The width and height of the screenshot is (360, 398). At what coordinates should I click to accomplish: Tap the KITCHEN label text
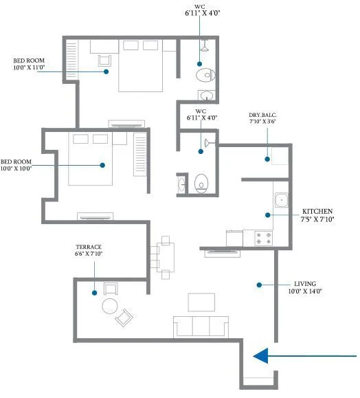pyautogui.click(x=317, y=211)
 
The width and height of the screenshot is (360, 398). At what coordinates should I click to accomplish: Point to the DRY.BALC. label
pyautogui.click(x=264, y=115)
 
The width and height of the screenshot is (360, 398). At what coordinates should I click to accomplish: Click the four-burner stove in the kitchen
pyautogui.click(x=263, y=239)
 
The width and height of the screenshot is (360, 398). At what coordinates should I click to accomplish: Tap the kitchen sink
pyautogui.click(x=281, y=201)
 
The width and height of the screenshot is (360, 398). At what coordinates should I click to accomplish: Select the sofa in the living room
pyautogui.click(x=201, y=326)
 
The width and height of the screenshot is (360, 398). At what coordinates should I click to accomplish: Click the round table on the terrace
pyautogui.click(x=110, y=306)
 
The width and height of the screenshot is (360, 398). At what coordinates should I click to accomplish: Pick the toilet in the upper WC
pyautogui.click(x=204, y=74)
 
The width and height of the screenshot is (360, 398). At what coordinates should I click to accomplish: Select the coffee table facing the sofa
pyautogui.click(x=201, y=302)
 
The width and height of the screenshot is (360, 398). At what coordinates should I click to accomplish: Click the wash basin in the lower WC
pyautogui.click(x=181, y=184)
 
